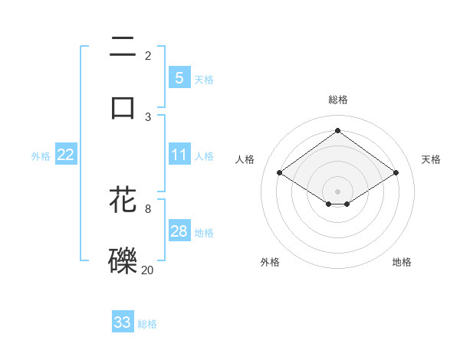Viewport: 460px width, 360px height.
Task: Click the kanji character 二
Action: [x=123, y=47]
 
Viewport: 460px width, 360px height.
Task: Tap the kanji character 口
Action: [x=123, y=106]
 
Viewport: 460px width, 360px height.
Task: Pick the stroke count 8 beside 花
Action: [x=148, y=208]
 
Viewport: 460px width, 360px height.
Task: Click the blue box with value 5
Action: [x=179, y=78]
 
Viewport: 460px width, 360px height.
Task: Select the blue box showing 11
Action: [x=179, y=155]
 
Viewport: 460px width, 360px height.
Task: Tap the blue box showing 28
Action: [x=179, y=231]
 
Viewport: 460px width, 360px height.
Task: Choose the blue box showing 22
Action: [x=66, y=155]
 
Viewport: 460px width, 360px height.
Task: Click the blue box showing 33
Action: [x=123, y=322]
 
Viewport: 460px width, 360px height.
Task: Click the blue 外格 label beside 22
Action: [x=41, y=155]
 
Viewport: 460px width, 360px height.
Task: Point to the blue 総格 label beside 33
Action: [x=147, y=324]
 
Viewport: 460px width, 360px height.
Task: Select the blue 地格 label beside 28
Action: [x=204, y=232]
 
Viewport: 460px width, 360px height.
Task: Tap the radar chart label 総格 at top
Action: [x=337, y=100]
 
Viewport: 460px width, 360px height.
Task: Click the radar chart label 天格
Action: [x=431, y=159]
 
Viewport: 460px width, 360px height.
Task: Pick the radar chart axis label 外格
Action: [x=270, y=262]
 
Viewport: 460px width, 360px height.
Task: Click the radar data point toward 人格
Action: [x=280, y=173]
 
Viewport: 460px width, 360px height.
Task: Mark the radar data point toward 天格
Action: [x=396, y=173]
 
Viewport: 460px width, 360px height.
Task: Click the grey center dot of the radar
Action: [x=337, y=191]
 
